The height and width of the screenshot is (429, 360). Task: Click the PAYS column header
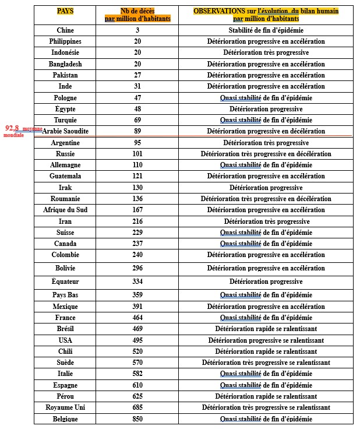(65, 11)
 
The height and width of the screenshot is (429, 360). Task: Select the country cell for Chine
(65, 30)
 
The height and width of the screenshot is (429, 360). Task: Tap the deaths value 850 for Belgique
(137, 419)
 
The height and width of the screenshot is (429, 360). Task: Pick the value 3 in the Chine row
(137, 30)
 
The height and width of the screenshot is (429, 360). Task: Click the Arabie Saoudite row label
(65, 131)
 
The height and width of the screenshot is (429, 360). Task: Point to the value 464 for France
(137, 318)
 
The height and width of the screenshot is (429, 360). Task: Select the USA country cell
(65, 340)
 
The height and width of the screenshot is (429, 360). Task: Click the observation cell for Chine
(266, 30)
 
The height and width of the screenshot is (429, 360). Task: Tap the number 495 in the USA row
(137, 340)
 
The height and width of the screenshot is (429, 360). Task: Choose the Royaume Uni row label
(65, 407)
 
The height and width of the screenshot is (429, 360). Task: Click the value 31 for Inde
(137, 86)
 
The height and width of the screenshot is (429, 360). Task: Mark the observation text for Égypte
(266, 109)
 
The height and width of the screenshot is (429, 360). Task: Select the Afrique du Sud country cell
(65, 210)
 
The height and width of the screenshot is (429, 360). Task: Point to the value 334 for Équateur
(137, 282)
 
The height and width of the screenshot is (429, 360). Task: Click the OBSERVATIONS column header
(266, 15)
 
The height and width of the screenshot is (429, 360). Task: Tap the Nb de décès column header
(137, 15)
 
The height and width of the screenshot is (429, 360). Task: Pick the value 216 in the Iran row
(137, 221)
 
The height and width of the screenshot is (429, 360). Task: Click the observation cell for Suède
(266, 363)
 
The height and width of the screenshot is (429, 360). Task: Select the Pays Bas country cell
(65, 295)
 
